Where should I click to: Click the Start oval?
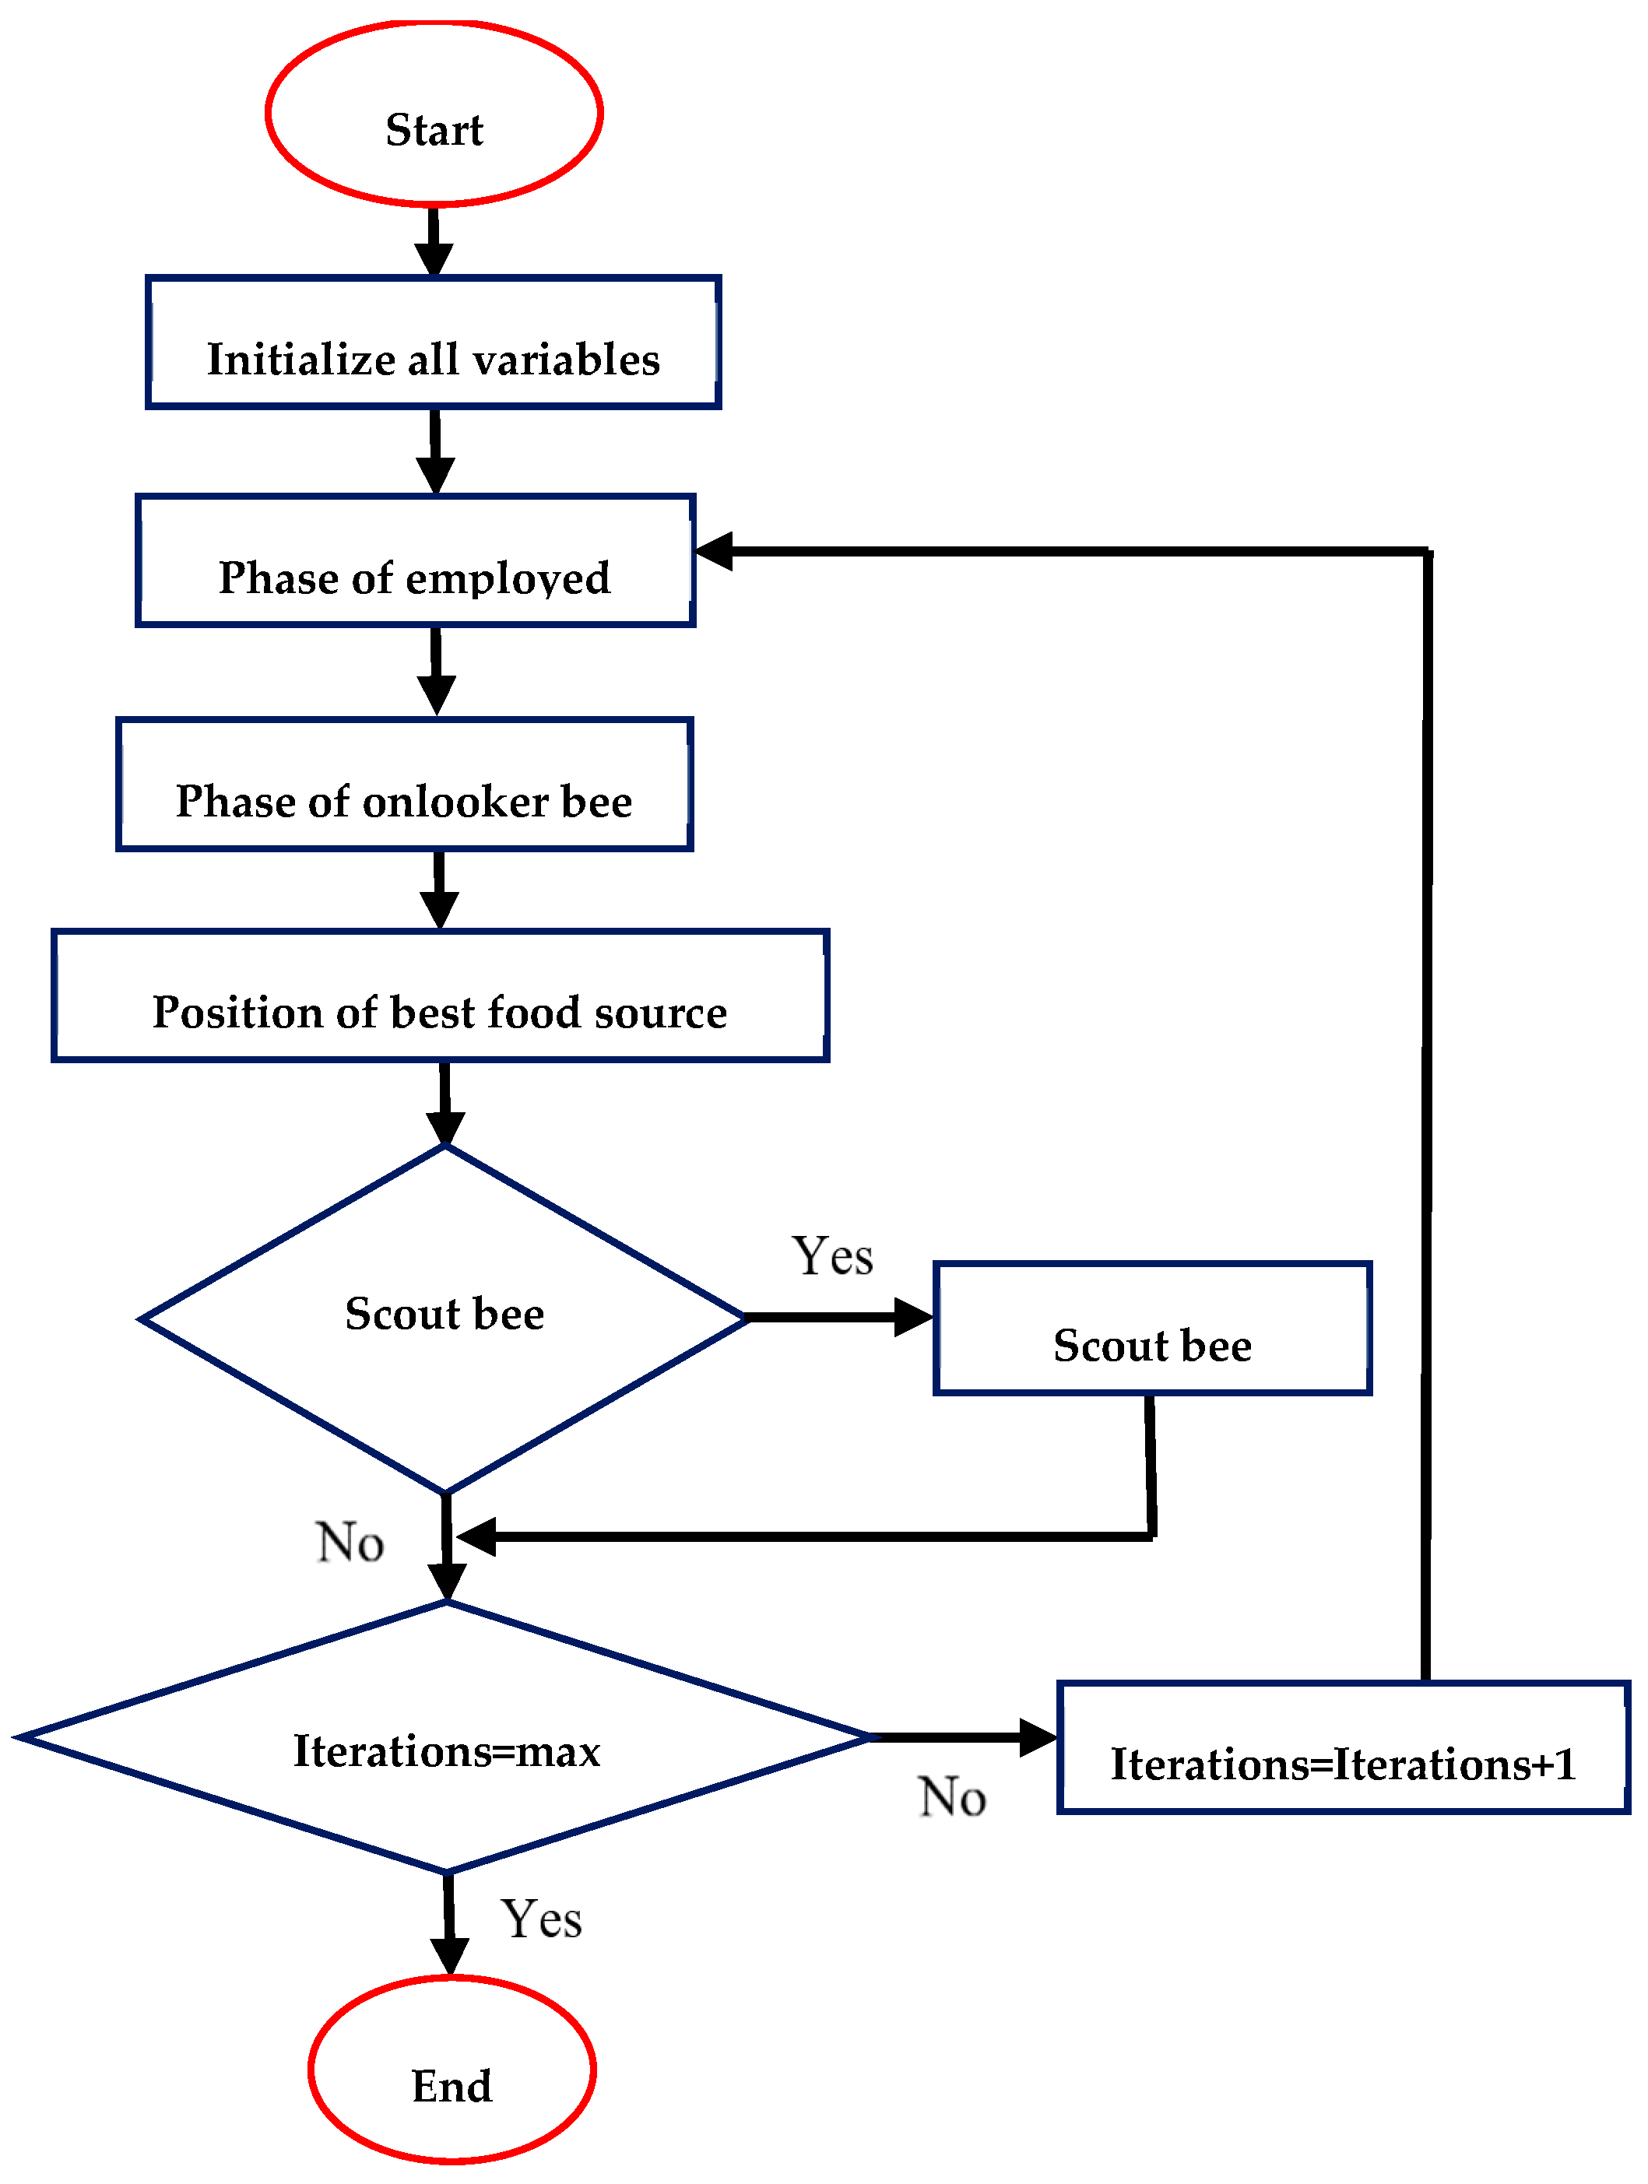pyautogui.click(x=434, y=114)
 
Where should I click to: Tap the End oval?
pyautogui.click(x=452, y=2069)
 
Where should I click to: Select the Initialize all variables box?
pyautogui.click(x=433, y=342)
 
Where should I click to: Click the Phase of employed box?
pyautogui.click(x=415, y=561)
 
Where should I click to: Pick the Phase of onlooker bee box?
pyautogui.click(x=404, y=784)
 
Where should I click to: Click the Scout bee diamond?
pyautogui.click(x=444, y=1318)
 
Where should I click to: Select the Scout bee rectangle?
pyautogui.click(x=1151, y=1328)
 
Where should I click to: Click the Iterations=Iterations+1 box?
pyautogui.click(x=1342, y=1747)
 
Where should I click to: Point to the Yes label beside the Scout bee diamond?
pyautogui.click(x=831, y=1256)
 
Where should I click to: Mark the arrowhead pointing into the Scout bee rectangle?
pyautogui.click(x=912, y=1317)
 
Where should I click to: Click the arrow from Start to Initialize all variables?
pyautogui.click(x=434, y=242)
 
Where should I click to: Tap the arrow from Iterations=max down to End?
pyautogui.click(x=449, y=1926)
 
